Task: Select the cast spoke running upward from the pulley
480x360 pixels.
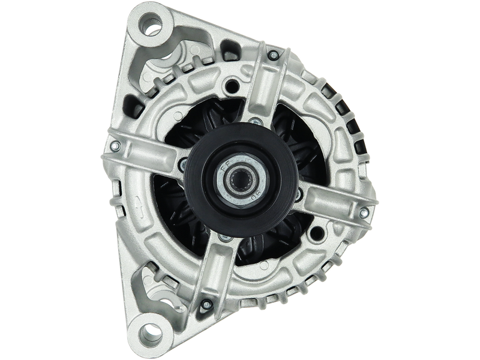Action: tap(264, 84)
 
